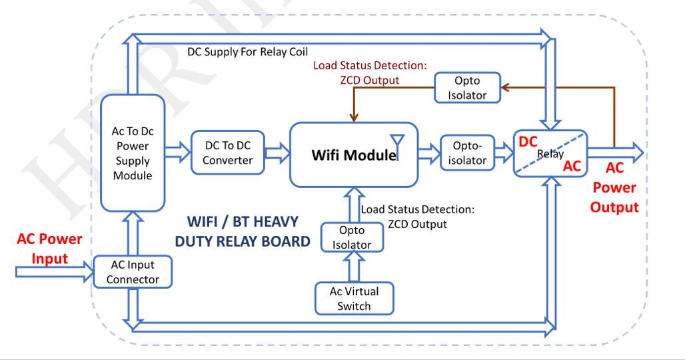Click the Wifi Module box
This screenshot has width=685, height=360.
point(354,155)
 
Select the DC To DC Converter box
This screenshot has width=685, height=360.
point(228,153)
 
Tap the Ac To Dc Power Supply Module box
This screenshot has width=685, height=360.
point(133,153)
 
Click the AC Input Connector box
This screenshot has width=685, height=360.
point(133,272)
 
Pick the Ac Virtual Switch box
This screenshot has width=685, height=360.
point(354,299)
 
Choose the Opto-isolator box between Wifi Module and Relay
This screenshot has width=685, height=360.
point(467,153)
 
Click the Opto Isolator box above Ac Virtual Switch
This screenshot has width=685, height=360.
point(352,237)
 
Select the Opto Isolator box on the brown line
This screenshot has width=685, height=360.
point(467,88)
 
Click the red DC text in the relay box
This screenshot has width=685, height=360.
point(528,141)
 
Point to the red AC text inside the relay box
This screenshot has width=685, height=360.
point(572,166)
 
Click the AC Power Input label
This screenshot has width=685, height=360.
point(49,248)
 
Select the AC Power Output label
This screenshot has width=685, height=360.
point(614,187)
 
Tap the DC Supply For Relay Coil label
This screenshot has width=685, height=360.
point(248,52)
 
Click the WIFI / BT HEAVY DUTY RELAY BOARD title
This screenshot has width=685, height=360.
point(243,231)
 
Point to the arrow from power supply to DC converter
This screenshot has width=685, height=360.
point(178,153)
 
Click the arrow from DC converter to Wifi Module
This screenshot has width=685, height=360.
point(277,153)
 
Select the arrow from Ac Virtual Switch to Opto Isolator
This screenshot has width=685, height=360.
point(354,267)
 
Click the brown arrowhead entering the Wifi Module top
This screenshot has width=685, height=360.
point(354,117)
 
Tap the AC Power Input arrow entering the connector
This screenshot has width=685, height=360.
point(55,272)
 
